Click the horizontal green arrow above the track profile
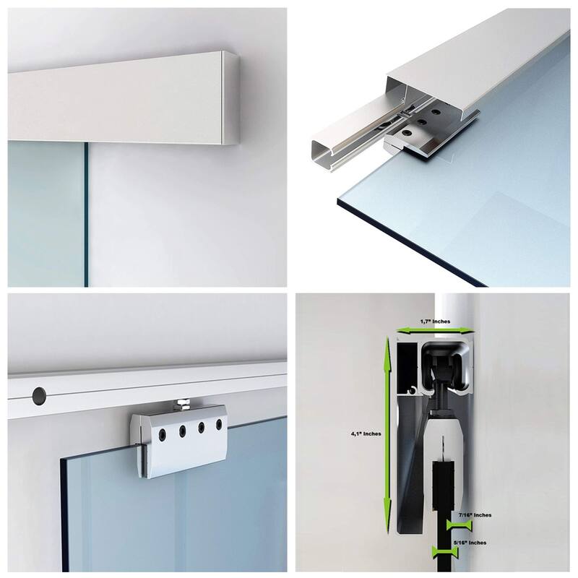(434, 329)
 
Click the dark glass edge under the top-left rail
(86, 217)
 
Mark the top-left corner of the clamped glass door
(64, 460)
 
